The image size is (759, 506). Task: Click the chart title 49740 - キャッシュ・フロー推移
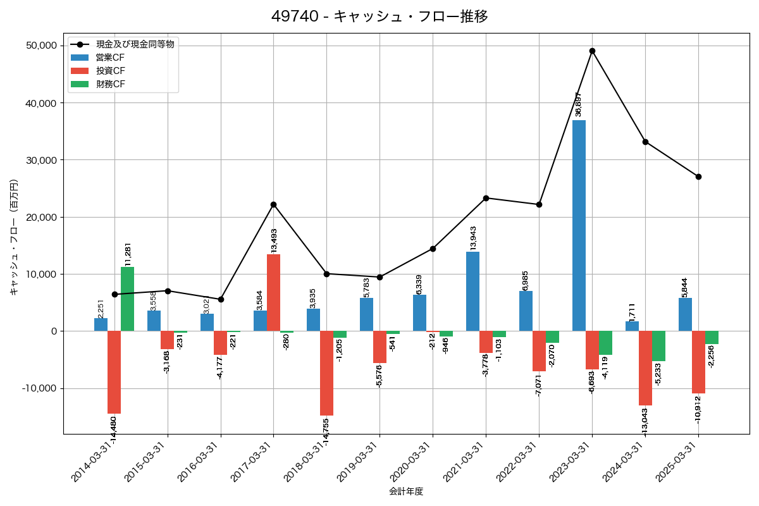379,16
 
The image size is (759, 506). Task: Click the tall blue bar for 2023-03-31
579,225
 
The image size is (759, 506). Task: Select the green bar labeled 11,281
127,299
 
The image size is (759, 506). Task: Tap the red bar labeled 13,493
273,292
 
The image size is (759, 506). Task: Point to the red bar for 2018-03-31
326,373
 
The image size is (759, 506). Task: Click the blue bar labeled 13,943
472,291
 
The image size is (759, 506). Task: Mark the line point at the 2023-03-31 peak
592,51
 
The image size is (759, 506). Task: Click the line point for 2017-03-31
273,204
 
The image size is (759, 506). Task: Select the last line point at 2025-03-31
698,176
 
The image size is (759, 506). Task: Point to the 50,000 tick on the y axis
40,46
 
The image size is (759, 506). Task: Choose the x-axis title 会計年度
405,491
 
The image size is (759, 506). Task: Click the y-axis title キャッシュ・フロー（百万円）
14,237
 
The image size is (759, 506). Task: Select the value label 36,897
577,104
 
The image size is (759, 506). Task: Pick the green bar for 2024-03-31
658,346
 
